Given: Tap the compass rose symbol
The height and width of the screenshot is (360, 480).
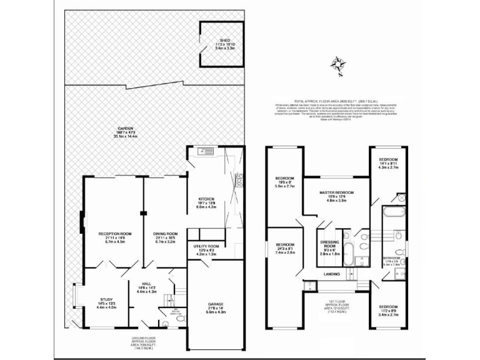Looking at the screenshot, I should pos(339,66).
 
